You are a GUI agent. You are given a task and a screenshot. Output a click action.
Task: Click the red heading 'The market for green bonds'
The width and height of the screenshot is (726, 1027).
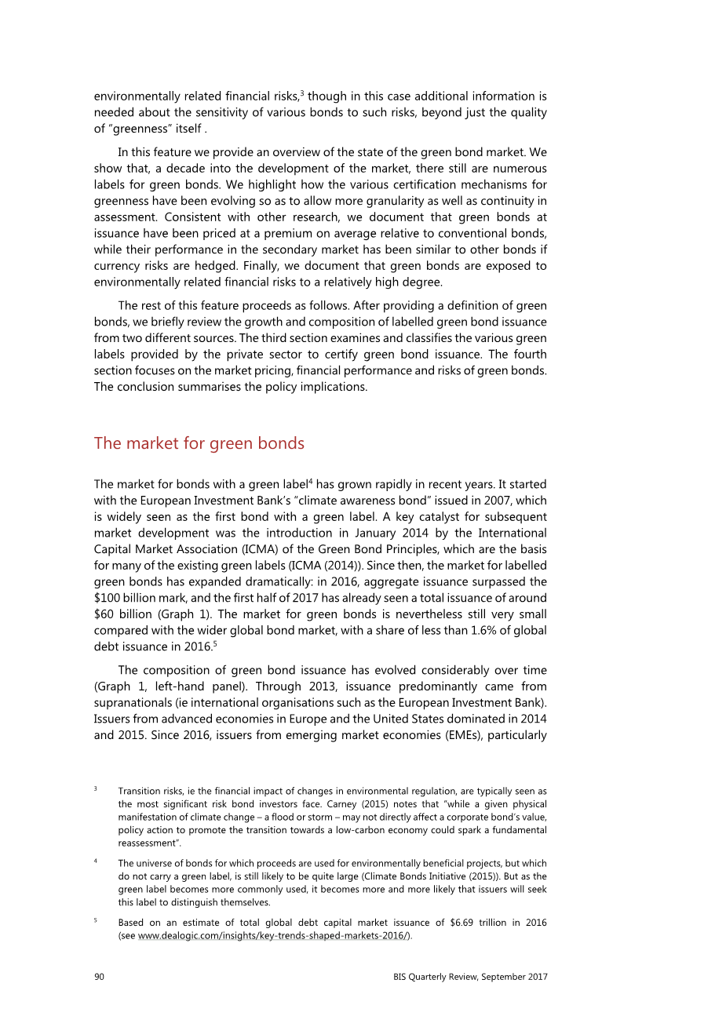click(x=199, y=443)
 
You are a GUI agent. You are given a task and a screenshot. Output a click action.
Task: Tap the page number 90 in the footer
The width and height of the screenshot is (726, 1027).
click(x=99, y=977)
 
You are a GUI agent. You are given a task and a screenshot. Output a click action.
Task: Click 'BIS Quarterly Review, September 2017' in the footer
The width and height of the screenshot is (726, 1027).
click(x=470, y=977)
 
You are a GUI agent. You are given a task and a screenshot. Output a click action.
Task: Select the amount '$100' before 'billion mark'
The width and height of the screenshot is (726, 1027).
click(x=107, y=598)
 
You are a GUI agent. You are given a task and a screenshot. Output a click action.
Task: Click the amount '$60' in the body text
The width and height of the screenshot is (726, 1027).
click(x=104, y=614)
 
